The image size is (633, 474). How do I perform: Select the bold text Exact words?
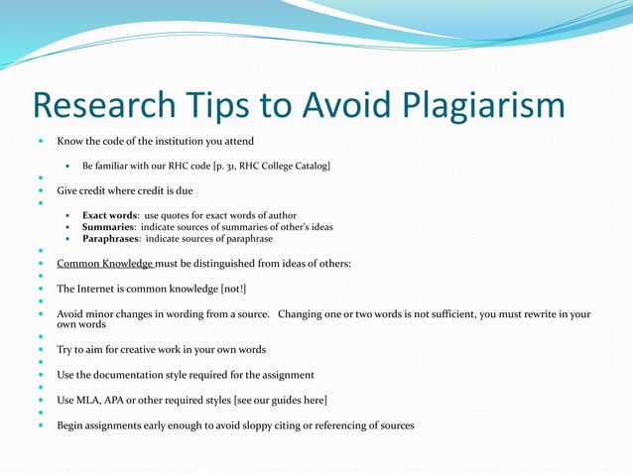point(110,215)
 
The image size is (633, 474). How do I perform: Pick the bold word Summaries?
point(108,227)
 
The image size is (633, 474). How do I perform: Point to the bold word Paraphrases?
point(112,239)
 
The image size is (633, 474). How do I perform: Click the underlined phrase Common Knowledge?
point(104,263)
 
